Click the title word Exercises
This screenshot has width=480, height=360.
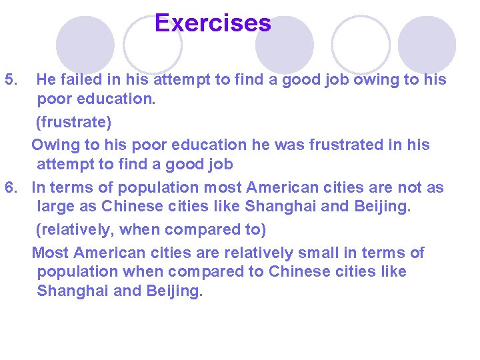pyautogui.click(x=213, y=23)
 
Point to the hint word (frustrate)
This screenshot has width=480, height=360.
pyautogui.click(x=73, y=123)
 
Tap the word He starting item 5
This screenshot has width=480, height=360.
pyautogui.click(x=46, y=80)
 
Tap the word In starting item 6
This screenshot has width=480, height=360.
pyautogui.click(x=39, y=188)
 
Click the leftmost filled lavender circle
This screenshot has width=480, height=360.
pyautogui.click(x=85, y=44)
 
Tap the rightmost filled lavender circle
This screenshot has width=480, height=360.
pyautogui.click(x=427, y=44)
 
